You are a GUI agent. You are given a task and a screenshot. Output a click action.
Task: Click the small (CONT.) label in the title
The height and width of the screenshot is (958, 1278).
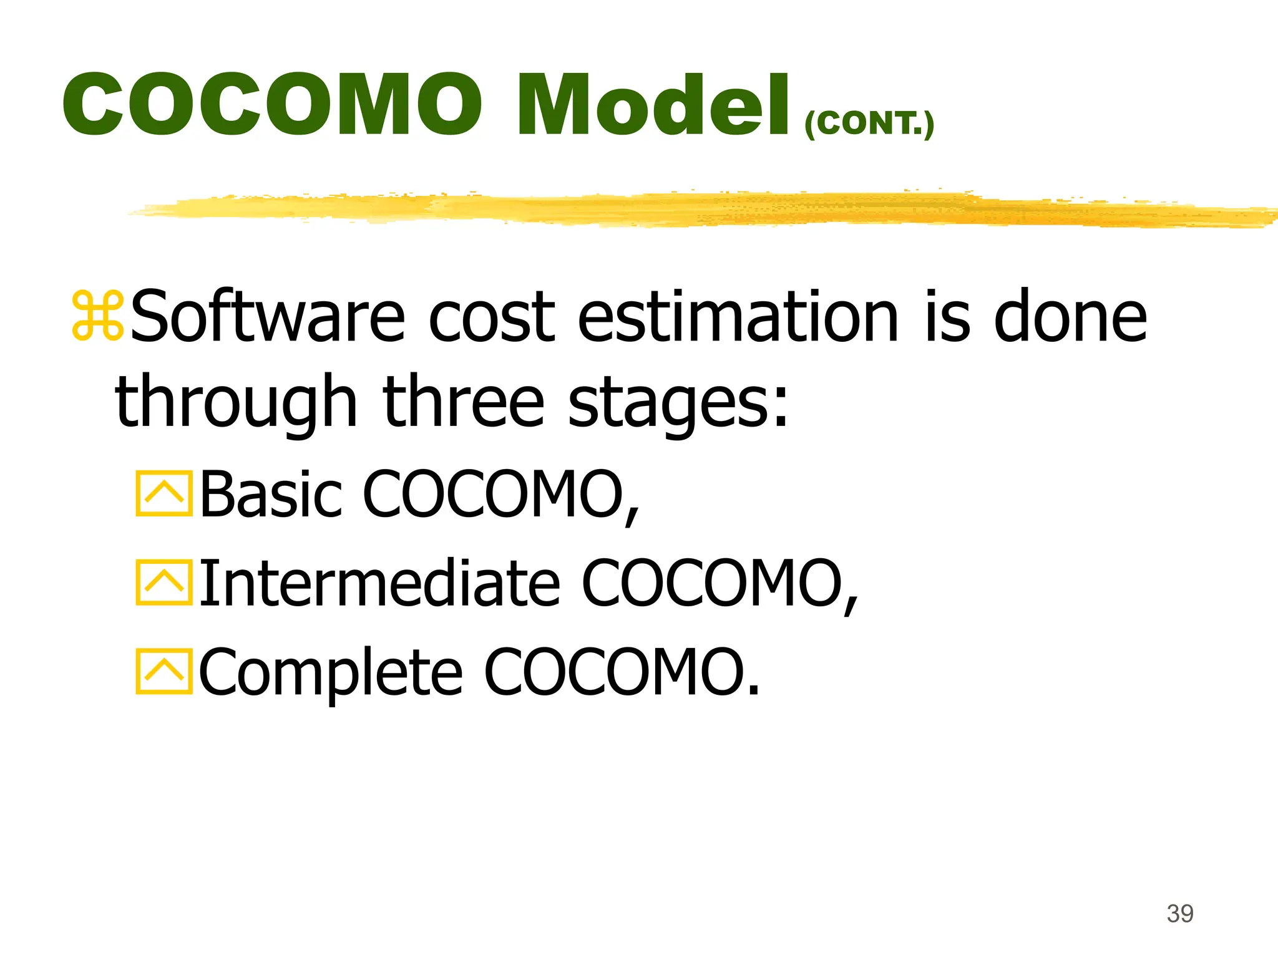pos(869,123)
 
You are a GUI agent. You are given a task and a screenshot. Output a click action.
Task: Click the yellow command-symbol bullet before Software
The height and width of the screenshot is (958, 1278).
pos(98,316)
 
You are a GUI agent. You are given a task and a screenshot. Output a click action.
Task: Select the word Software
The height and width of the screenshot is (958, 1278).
pos(268,316)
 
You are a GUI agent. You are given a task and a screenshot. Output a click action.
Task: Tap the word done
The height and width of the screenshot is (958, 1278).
pos(1070,316)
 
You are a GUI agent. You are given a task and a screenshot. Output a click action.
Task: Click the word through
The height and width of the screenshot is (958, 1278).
pos(236,402)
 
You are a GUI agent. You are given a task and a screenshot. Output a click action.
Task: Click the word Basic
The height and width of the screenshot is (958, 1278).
pos(271,493)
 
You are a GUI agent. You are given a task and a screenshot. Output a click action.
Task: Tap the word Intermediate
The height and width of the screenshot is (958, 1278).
pos(380,583)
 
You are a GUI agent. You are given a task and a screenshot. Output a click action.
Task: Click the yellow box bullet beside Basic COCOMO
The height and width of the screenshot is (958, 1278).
pos(164,494)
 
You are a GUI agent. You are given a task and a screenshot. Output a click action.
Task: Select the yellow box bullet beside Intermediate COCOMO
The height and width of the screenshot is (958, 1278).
pos(164,583)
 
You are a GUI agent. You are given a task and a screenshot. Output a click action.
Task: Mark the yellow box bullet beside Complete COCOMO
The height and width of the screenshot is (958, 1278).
pos(164,671)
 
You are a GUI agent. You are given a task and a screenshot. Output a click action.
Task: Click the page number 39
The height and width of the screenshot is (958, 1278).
pos(1180,914)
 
